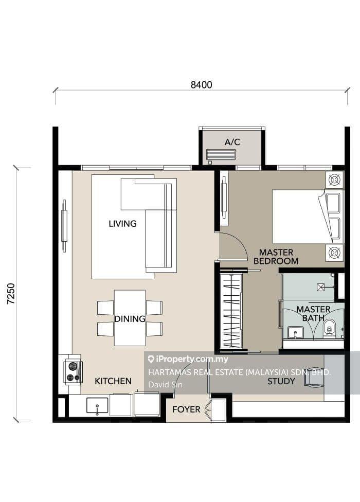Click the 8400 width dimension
pos(201,85)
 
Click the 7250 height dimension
pos(11,294)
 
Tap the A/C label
pos(232,141)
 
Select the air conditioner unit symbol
pos(221,154)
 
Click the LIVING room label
pos(122,223)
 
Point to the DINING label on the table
pos(130,319)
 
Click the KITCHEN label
pos(113,381)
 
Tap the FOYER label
pos(186,409)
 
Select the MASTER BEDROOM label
pos(276,257)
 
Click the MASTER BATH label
pos(313,313)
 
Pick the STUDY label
pos(281,381)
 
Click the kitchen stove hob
pos(73,371)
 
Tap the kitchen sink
pos(97,406)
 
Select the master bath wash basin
pos(295,333)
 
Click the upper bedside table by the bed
pos(335,180)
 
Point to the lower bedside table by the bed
pos(335,253)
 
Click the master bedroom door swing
pos(231,245)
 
